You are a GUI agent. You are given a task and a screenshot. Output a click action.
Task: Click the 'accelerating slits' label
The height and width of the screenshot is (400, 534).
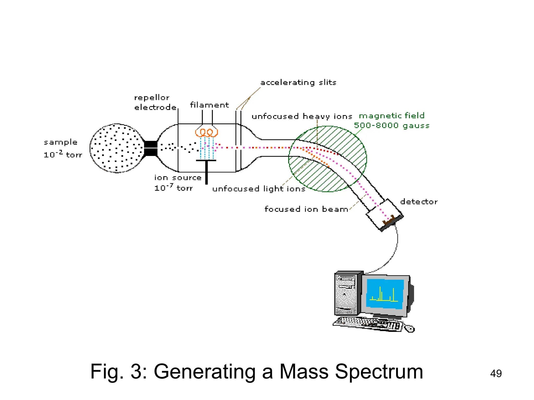[x=298, y=83]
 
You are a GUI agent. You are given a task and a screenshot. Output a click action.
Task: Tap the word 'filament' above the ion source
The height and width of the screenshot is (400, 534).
[x=209, y=105]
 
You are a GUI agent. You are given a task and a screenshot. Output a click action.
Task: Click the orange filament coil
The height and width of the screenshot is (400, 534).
[x=206, y=132]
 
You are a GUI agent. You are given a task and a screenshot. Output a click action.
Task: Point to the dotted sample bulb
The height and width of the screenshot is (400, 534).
[x=117, y=148]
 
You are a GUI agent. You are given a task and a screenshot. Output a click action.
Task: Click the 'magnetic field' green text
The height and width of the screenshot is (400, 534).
[x=392, y=115]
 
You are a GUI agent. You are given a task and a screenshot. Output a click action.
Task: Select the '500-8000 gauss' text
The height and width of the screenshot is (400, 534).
[x=391, y=126]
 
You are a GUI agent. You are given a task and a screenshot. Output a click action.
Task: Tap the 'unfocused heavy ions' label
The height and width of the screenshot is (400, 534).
[x=302, y=116]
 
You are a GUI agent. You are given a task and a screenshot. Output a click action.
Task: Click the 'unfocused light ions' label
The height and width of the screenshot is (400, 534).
[x=259, y=189]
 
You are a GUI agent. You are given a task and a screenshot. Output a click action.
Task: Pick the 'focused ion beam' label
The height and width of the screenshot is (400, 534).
[x=306, y=209]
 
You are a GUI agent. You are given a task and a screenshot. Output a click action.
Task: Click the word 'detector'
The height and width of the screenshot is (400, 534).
[x=419, y=202]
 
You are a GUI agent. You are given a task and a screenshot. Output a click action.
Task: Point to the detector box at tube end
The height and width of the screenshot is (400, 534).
[x=384, y=214]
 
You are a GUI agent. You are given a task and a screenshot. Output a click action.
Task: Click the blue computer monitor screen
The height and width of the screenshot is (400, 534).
[x=385, y=294]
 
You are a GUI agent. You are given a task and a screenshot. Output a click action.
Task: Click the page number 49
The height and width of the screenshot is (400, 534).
[x=496, y=373]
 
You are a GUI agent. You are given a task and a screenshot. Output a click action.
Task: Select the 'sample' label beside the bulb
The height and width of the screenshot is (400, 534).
[x=60, y=142]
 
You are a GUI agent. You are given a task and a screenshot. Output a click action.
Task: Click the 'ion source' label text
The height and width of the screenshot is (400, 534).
[x=178, y=178]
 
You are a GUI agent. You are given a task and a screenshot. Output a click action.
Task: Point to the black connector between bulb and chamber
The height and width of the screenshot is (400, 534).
[x=151, y=148]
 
